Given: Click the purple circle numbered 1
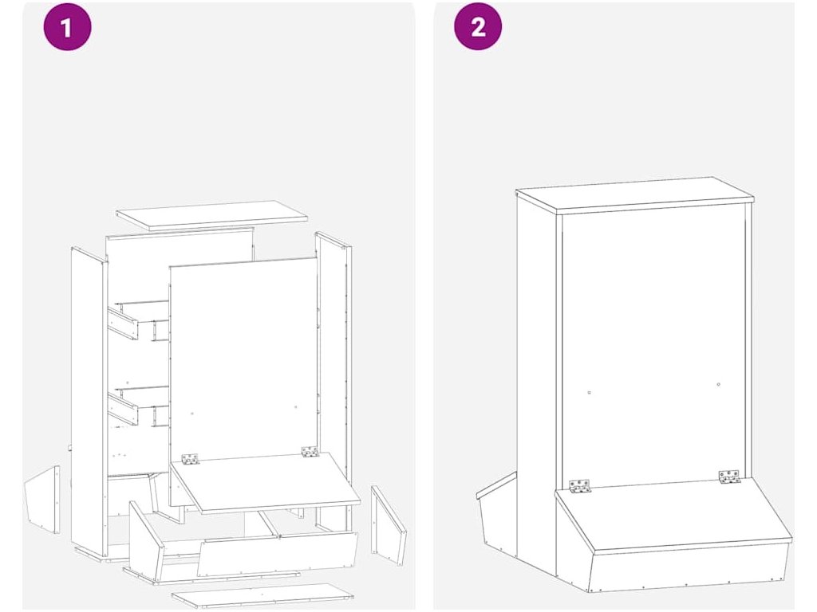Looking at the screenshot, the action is click(67, 26).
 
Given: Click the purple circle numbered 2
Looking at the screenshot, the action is click(478, 26).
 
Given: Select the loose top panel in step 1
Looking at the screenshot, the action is click(211, 215).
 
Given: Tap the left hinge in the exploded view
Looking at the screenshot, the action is click(190, 459).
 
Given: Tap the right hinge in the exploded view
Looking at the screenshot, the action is click(310, 452).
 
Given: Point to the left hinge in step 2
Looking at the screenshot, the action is click(579, 485).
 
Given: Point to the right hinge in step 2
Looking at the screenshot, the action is click(728, 477).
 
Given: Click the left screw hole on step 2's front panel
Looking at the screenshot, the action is click(588, 393).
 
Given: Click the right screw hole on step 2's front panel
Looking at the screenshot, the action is click(719, 385).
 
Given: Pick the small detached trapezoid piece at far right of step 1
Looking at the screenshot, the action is click(389, 524).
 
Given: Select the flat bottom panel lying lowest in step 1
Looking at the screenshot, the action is click(262, 594).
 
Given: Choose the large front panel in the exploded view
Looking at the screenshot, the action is click(243, 359).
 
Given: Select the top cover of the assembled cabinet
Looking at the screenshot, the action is click(634, 194).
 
